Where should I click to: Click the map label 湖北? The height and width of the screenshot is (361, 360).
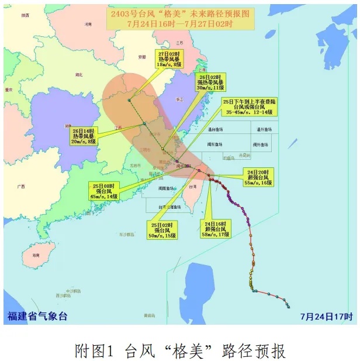[79, 74]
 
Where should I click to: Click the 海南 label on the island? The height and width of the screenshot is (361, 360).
[36, 256]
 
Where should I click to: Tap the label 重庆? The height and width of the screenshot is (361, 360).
[9, 90]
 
